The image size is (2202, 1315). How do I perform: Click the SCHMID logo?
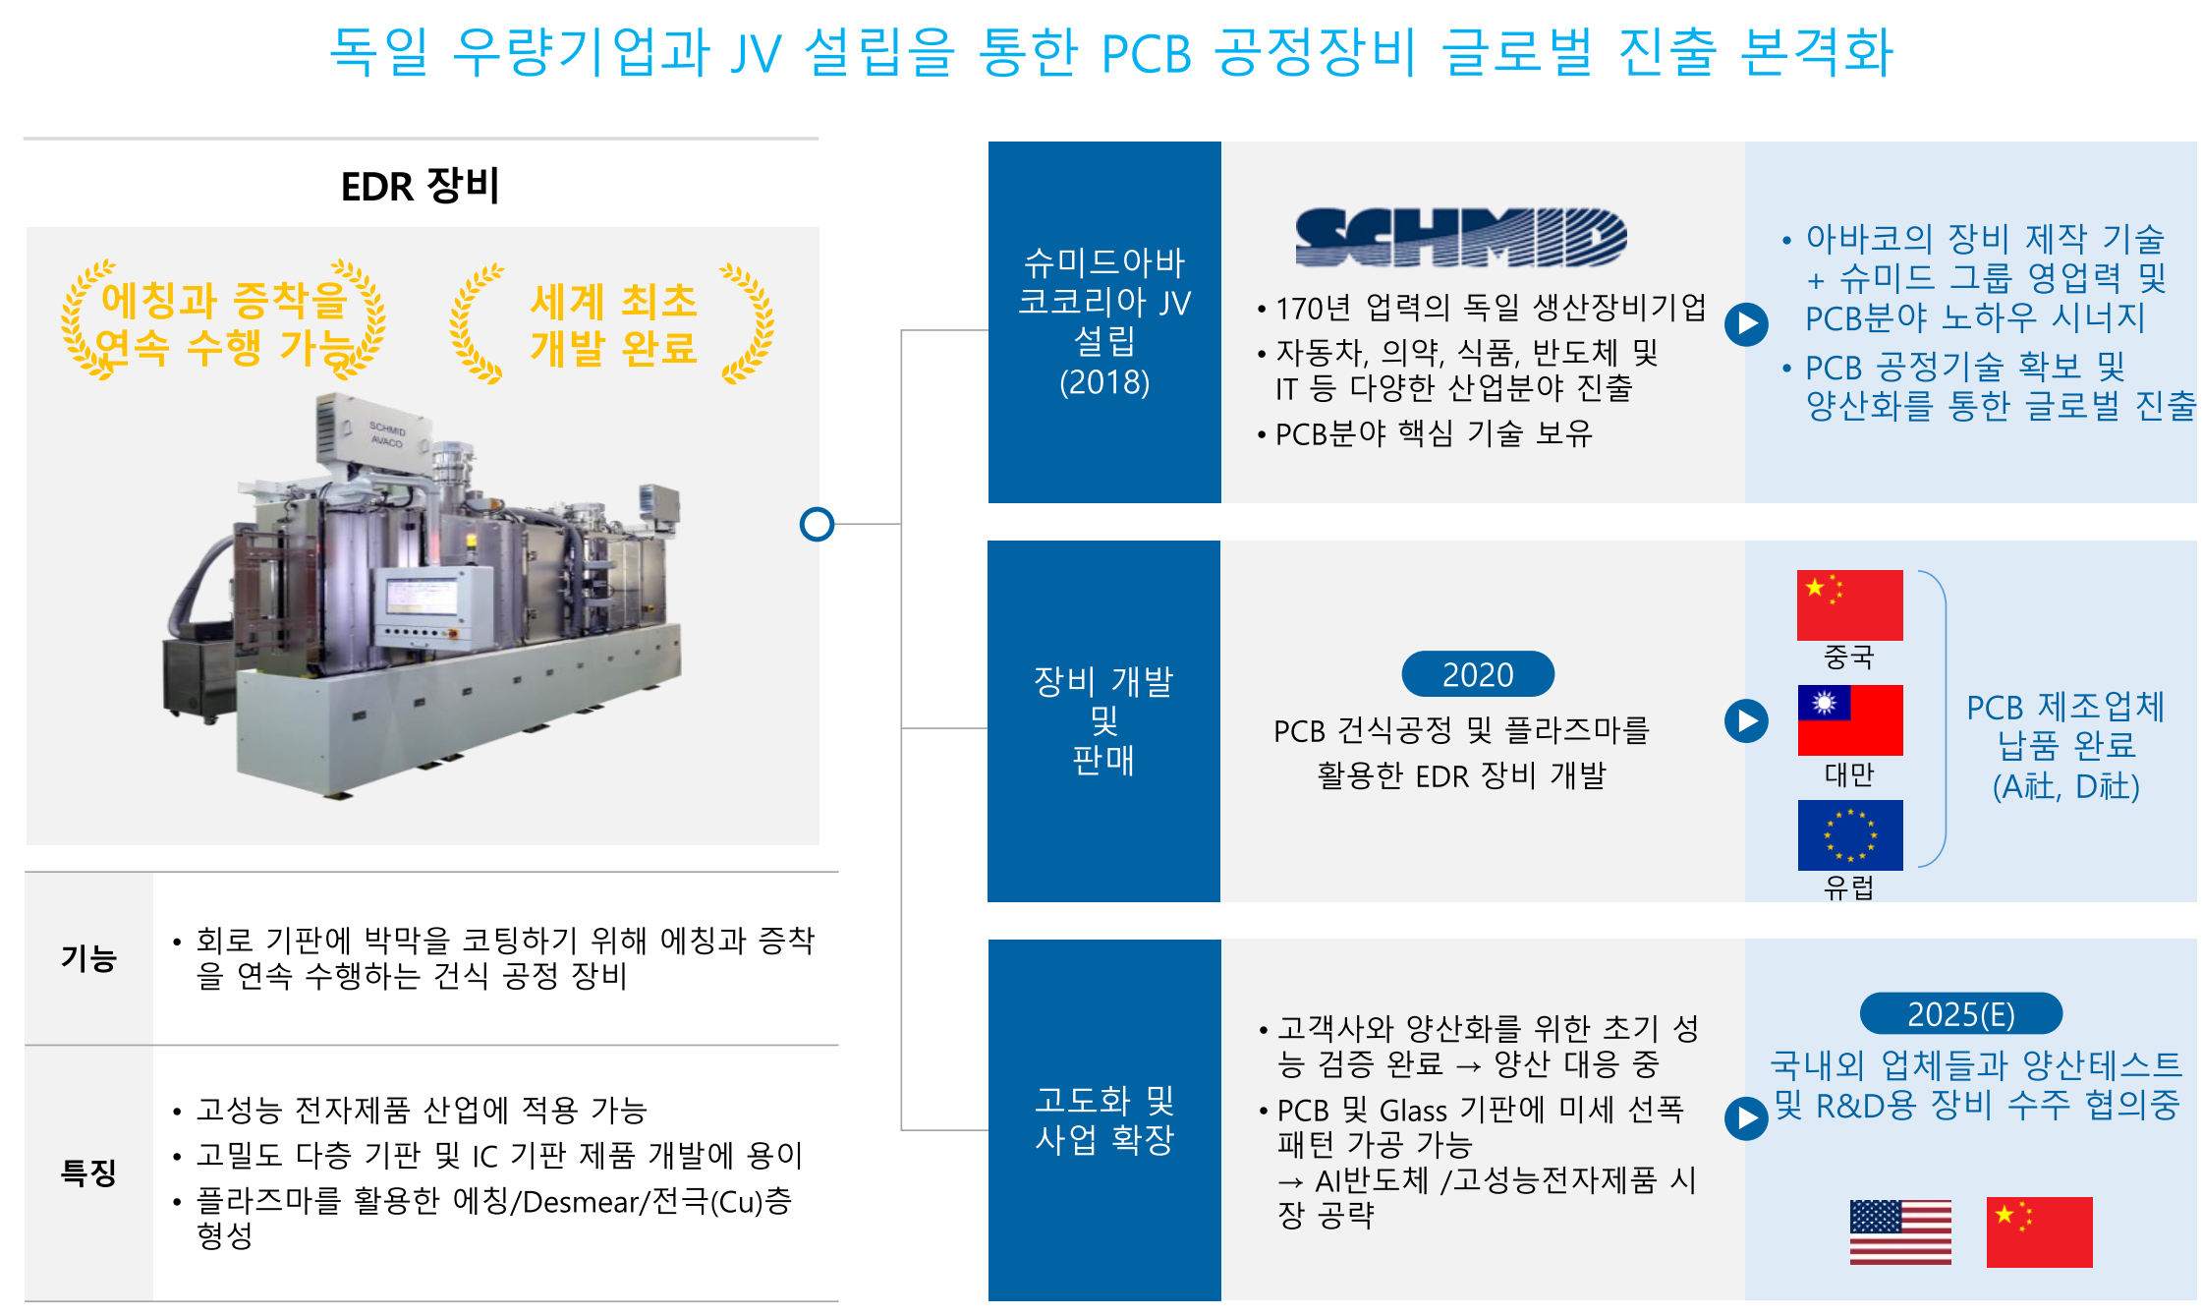[x=1461, y=237]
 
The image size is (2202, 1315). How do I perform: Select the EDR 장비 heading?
[x=421, y=186]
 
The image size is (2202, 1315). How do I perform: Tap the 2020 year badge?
[x=1478, y=674]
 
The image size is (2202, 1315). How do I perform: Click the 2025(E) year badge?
[x=1961, y=1013]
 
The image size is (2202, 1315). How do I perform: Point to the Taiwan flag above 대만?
[x=1850, y=720]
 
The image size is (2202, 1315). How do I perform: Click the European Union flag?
[x=1850, y=835]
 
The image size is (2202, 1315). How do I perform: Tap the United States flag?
[x=1900, y=1232]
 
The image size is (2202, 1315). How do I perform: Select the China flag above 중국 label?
[x=1850, y=605]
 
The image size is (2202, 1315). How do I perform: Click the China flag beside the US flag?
[x=2039, y=1232]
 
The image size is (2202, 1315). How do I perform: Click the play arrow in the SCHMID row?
[x=1746, y=323]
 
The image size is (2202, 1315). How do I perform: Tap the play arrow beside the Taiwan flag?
[x=1746, y=720]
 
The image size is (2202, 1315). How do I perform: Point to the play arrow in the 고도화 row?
[x=1746, y=1118]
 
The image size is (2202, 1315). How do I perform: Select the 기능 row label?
[x=89, y=958]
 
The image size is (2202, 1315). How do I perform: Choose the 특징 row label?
[x=89, y=1172]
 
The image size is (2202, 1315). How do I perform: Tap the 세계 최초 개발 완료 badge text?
[x=614, y=324]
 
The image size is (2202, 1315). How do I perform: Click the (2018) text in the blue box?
[x=1104, y=382]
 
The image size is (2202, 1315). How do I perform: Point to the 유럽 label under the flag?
[x=1849, y=887]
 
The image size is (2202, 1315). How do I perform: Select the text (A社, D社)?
[x=2066, y=786]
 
